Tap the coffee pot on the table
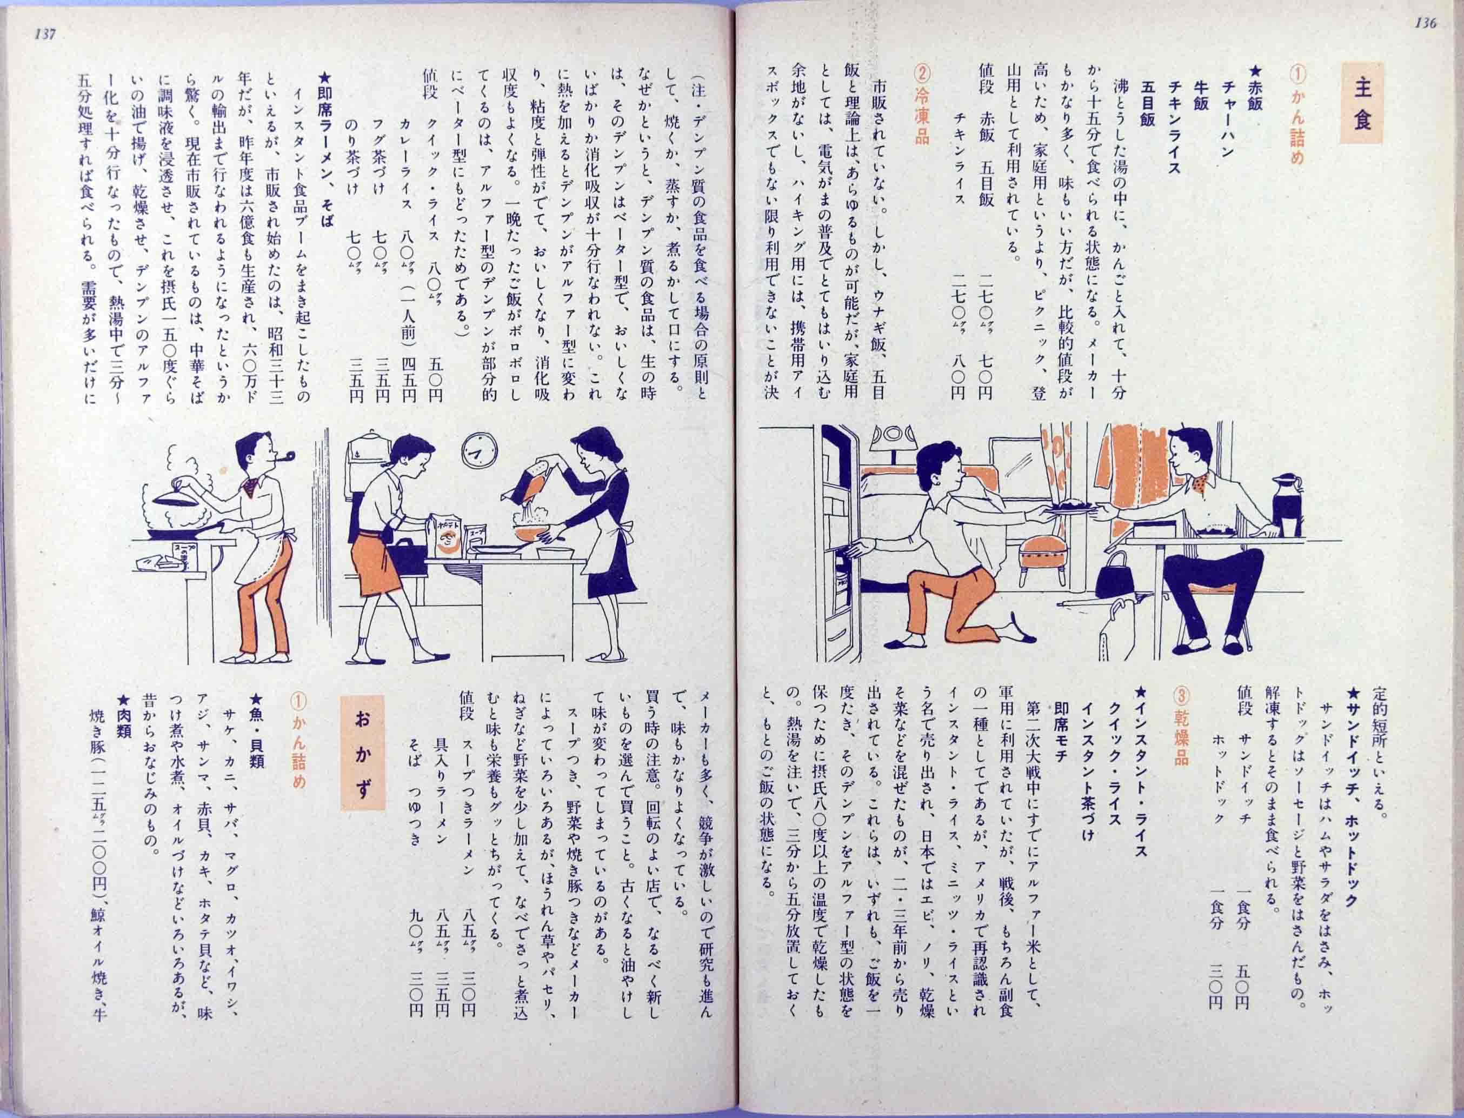[1287, 504]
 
